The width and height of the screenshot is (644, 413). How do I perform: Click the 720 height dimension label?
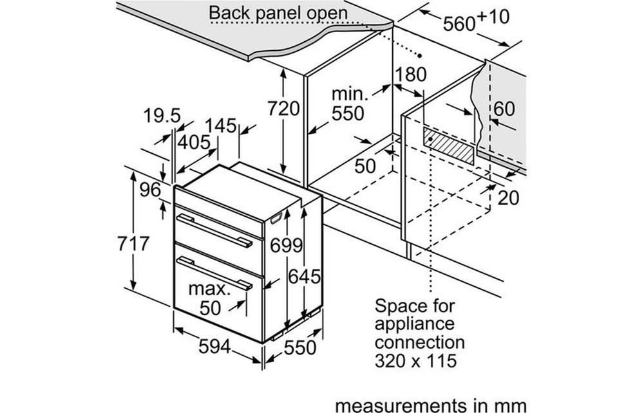point(283,109)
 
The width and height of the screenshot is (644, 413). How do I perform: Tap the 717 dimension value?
point(135,244)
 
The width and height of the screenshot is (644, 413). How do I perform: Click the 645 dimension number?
point(305,277)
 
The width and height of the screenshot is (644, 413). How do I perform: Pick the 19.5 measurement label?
point(162,116)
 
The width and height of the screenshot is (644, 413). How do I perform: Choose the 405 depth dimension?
point(194,142)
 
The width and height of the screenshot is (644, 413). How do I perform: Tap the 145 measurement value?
point(222,126)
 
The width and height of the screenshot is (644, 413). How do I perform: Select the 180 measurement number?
point(410,75)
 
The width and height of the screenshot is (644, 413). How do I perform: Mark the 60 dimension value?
point(504,109)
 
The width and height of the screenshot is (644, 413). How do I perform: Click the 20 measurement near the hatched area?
point(508,198)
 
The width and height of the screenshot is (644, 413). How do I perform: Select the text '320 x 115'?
point(415,360)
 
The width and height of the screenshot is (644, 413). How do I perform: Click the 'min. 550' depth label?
point(348,104)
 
